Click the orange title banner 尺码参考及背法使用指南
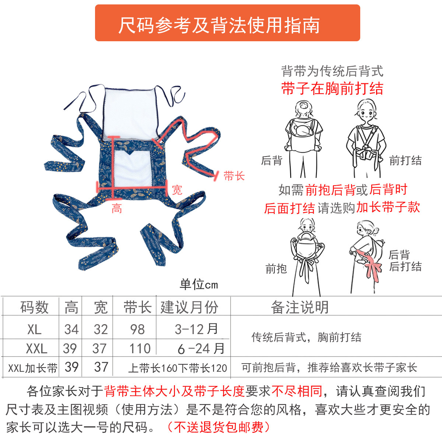pos(227,23)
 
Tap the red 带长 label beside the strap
pos(234,176)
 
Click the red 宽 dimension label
pos(177,190)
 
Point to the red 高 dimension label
pos(117,208)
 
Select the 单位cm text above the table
pos(199,284)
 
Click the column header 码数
pos(34,307)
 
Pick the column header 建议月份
pos(189,307)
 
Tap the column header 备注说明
pos(300,307)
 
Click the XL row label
pos(34,329)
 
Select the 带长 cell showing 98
pos(137,329)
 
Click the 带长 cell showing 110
pos(140,348)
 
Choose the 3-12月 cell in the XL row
pos(196,329)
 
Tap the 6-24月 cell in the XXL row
pos(201,348)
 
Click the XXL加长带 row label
pos(33,368)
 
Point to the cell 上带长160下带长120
pos(178,368)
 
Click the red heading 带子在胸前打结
pos(332,88)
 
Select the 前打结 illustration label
pos(405,160)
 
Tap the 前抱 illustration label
pos(276,269)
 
